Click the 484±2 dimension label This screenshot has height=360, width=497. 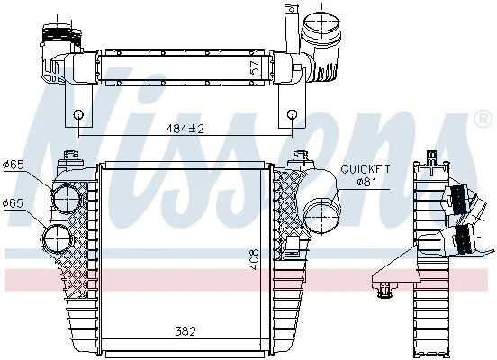[x=185, y=129]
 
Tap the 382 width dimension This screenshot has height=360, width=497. [x=185, y=331]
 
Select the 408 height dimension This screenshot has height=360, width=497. [x=254, y=259]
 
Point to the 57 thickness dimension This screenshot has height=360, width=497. [x=255, y=67]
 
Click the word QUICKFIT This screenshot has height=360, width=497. [x=366, y=169]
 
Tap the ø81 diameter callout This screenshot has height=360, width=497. [x=366, y=182]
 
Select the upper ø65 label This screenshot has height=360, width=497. [x=14, y=165]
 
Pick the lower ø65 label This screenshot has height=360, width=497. [x=13, y=203]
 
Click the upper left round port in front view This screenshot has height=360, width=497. [x=67, y=199]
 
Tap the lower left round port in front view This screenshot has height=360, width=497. [x=58, y=238]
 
